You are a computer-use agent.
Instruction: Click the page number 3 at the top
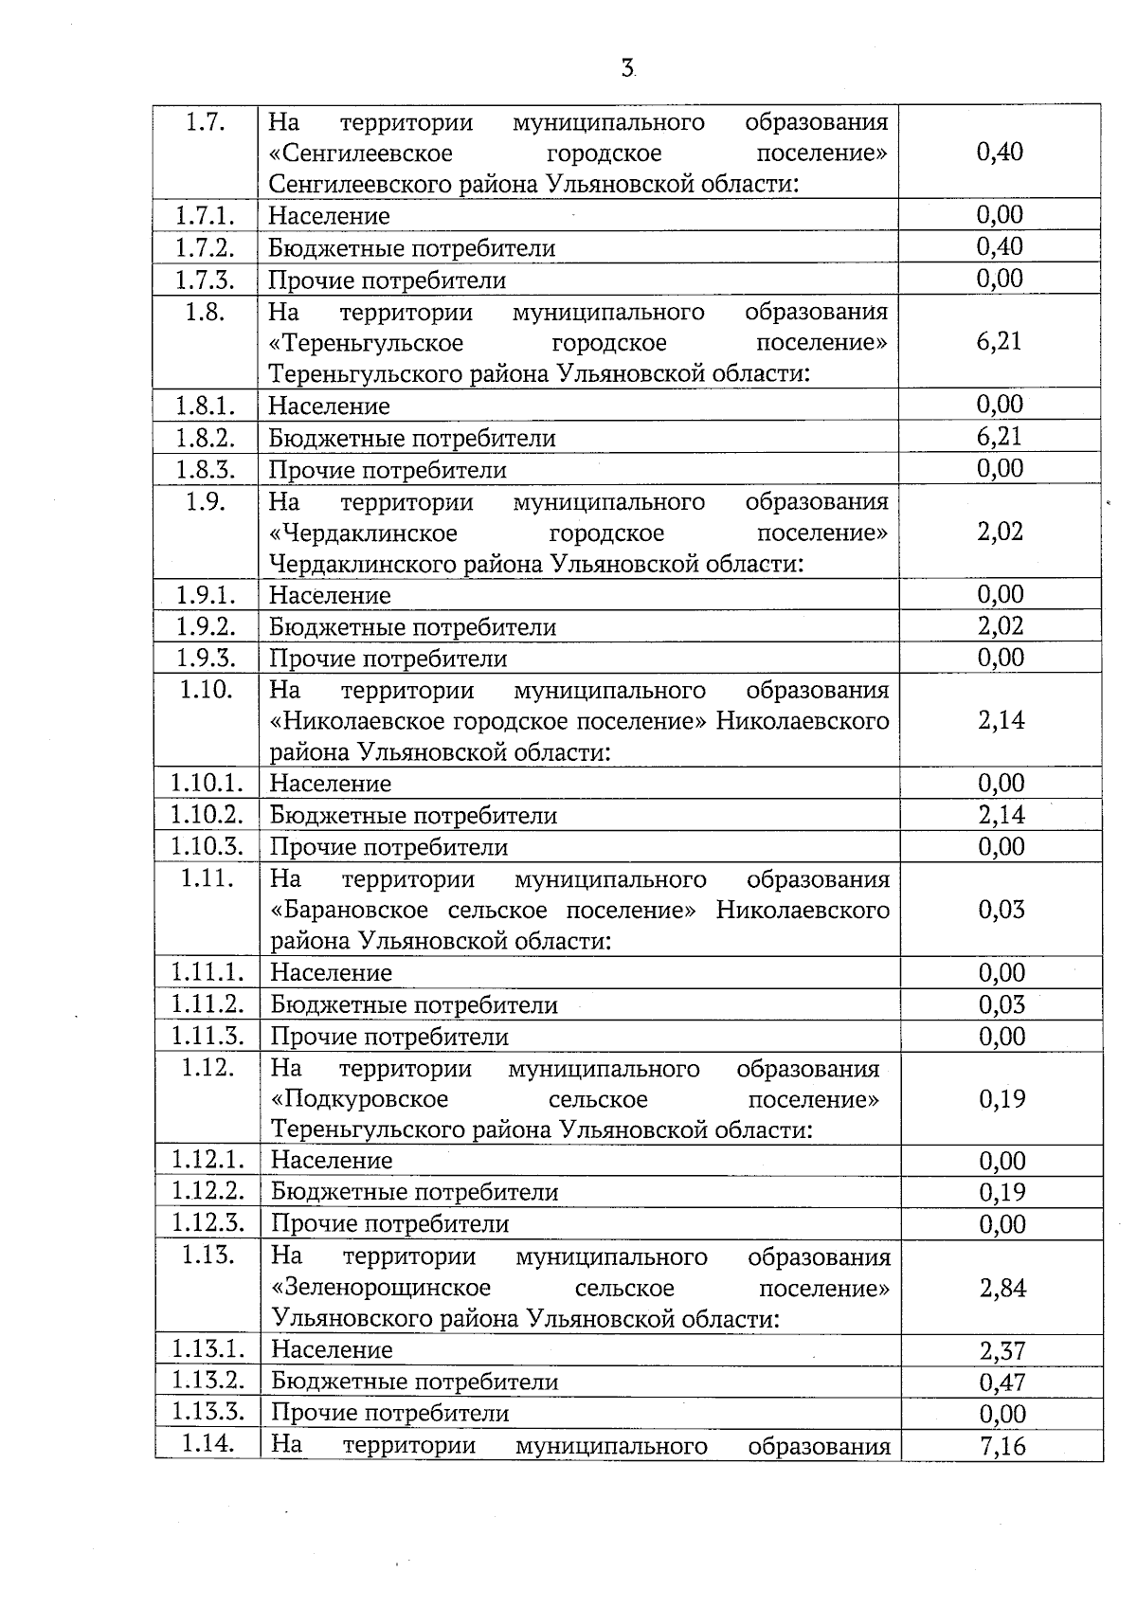tap(627, 67)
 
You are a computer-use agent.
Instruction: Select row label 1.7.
tap(205, 122)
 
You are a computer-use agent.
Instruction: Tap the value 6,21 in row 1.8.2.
tap(1000, 436)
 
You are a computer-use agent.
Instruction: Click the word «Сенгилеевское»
tap(361, 153)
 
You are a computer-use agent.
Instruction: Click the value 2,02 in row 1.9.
tap(1000, 531)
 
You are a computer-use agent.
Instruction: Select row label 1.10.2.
tap(208, 814)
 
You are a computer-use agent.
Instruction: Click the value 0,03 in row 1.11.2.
tap(1002, 1004)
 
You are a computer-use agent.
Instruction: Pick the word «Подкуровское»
tap(359, 1099)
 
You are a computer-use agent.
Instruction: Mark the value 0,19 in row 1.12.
tap(1002, 1098)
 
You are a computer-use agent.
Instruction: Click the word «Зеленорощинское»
tap(381, 1288)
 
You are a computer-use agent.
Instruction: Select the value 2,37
tap(1002, 1350)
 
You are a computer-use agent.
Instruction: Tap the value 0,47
tap(1002, 1382)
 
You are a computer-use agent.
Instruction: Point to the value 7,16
tap(1002, 1446)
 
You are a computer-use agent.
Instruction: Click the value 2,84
tap(1002, 1288)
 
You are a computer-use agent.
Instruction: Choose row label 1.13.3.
tap(208, 1412)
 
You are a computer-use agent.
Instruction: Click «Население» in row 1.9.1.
tap(330, 595)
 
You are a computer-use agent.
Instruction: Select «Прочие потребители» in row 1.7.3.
tap(388, 280)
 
